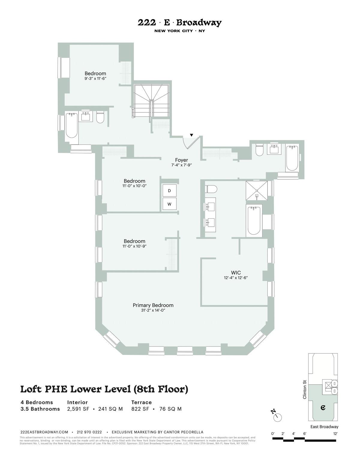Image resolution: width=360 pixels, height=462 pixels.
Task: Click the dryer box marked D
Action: (169, 191)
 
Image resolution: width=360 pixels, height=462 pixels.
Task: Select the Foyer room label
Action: (181, 160)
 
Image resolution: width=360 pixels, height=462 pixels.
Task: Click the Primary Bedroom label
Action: (153, 305)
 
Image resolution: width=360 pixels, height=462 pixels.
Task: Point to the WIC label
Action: (236, 273)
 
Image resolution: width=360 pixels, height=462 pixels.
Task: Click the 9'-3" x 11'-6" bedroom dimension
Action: (95, 79)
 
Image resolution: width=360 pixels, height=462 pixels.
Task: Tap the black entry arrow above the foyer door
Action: (191, 135)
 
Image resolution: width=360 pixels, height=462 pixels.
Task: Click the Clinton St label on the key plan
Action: (305, 389)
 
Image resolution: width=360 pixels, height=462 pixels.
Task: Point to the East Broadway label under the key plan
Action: (324, 427)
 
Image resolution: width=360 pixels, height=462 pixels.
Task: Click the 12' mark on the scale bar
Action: (335, 434)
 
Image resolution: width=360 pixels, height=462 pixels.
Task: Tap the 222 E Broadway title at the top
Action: (180, 22)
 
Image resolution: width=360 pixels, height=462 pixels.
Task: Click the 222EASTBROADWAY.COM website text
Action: (44, 432)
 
